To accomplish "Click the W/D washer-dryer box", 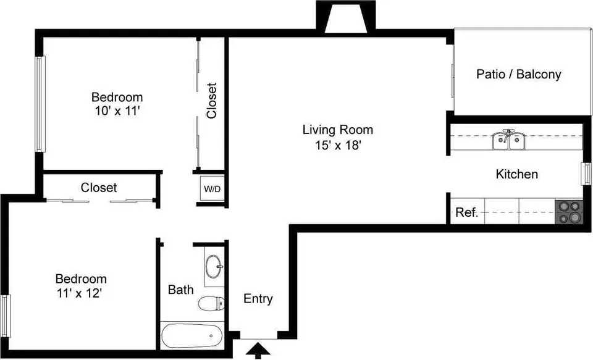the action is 212,188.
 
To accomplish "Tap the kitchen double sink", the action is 508,140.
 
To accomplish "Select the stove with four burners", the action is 569,212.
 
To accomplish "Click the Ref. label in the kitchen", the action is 467,212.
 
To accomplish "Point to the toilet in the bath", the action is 211,303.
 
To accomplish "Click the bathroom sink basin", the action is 214,266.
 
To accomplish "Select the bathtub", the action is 192,336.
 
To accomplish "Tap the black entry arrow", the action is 258,351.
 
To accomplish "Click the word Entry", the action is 258,299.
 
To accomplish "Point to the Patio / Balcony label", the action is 518,74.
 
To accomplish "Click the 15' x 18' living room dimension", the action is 339,145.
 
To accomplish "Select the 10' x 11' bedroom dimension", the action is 117,112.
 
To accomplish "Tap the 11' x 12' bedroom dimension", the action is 80,293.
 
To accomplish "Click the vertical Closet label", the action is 212,100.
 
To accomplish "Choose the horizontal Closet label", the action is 99,187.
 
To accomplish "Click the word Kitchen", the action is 516,174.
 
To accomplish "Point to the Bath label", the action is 181,290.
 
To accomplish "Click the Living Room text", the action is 338,130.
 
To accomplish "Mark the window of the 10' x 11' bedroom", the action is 41,104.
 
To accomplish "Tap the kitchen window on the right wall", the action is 586,174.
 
